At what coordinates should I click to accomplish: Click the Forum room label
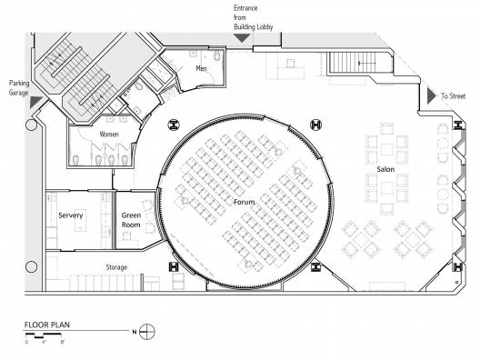244,202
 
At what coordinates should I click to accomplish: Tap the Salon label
385,169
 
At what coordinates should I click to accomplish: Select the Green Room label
131,220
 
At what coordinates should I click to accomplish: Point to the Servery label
71,215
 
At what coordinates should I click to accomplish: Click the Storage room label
116,267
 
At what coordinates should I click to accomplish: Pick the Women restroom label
109,135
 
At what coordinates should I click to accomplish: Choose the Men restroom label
202,68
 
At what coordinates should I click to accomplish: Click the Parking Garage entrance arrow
36,102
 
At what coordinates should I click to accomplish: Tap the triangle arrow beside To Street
432,96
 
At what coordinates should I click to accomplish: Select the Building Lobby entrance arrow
242,38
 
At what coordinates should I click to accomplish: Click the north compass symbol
147,332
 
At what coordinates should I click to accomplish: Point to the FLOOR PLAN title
47,325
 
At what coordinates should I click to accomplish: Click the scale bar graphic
44,335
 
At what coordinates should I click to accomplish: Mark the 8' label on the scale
63,342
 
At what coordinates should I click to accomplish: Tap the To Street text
453,96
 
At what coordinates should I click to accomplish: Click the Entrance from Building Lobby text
253,17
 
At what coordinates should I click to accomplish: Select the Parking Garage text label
19,88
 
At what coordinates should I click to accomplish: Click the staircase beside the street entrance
352,63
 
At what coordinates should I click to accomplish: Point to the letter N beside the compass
134,332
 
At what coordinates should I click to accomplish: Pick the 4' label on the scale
44,342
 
